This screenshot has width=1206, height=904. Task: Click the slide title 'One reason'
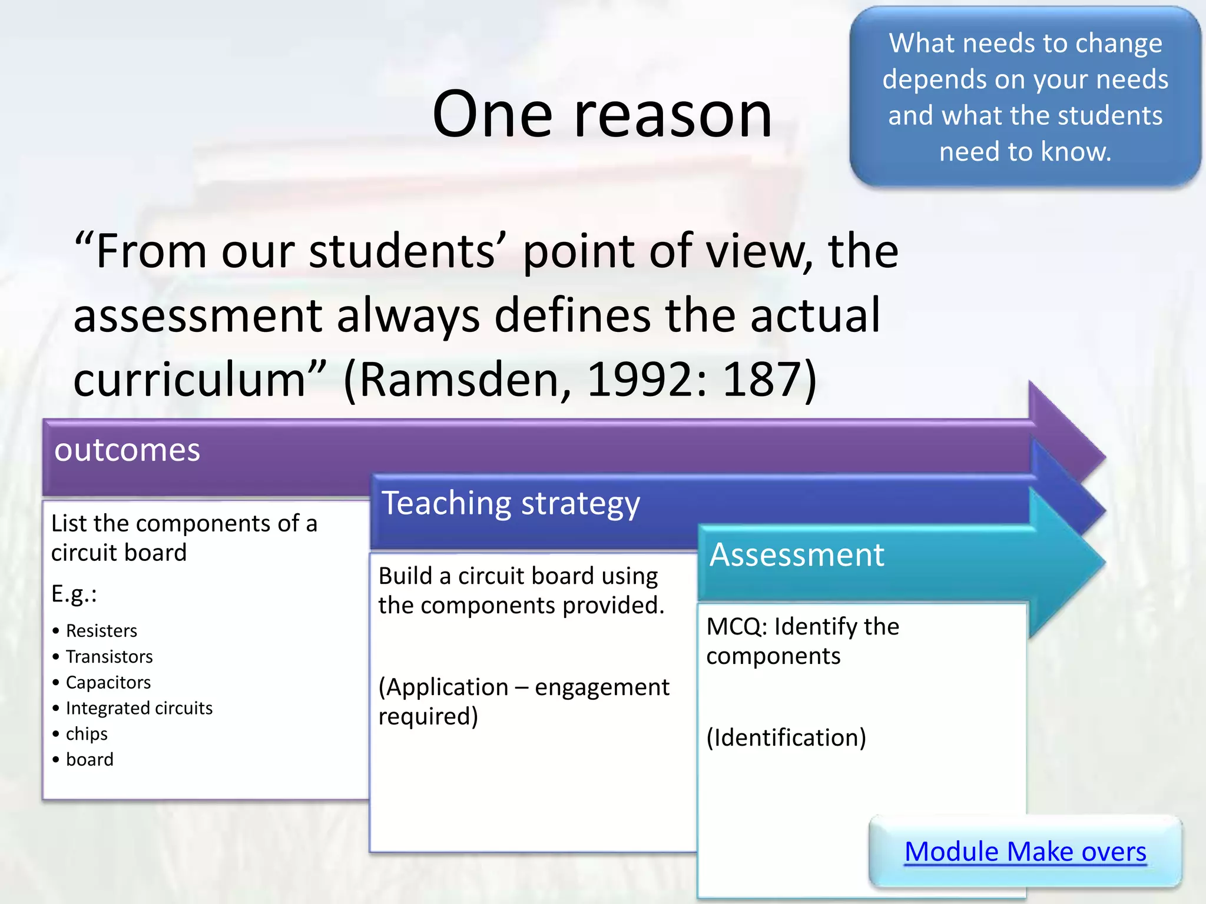[x=602, y=114]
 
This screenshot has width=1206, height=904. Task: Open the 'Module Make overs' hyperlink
[x=1025, y=852]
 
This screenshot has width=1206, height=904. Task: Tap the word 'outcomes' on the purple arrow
[x=127, y=450]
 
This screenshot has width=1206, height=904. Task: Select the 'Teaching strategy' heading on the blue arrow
[x=511, y=504]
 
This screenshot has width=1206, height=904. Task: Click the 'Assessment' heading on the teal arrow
[x=796, y=555]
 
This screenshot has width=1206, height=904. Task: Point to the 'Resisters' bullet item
[x=101, y=631]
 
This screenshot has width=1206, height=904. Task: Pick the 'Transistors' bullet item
[x=109, y=657]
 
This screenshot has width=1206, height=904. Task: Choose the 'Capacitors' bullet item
[x=108, y=683]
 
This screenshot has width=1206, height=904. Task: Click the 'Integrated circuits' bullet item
[x=139, y=708]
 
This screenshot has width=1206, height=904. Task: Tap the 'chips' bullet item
[x=87, y=734]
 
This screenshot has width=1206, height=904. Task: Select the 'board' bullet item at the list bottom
[x=90, y=760]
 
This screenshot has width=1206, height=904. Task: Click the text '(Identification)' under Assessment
[x=786, y=737]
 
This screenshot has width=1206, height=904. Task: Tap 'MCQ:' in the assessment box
[x=736, y=627]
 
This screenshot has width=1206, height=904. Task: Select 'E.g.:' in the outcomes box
[x=74, y=594]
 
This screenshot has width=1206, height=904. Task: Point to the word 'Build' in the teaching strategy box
[x=404, y=576]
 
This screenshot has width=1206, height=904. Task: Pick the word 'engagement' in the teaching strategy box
[x=602, y=687]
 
